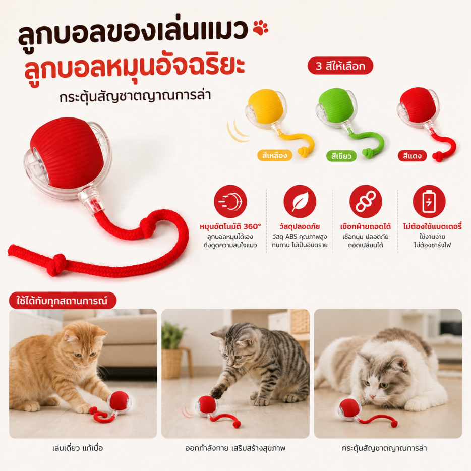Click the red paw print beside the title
coord(260,28)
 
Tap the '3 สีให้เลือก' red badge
coord(340,66)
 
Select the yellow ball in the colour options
coord(266,106)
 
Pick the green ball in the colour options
coord(336,106)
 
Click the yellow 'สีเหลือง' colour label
coord(274,155)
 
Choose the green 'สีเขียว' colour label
coord(341,156)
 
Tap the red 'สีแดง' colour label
coord(412,156)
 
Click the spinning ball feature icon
coord(230,201)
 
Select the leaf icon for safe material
coord(300,201)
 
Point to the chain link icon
coord(366,201)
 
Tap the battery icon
coord(429,201)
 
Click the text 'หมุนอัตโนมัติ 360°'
coord(230,226)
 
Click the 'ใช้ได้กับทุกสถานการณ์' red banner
coord(63,301)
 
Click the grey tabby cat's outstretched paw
coord(217,391)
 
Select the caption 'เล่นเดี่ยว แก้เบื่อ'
coord(78,448)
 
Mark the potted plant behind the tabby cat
coord(172,348)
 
